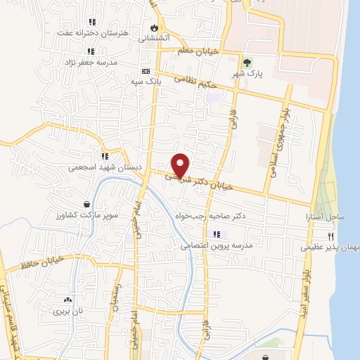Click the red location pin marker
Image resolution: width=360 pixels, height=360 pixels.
(181, 165)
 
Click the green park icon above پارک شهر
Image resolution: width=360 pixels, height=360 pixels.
(246, 62)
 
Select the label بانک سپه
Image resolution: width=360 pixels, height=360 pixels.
(146, 82)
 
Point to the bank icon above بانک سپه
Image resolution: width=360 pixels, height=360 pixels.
(146, 71)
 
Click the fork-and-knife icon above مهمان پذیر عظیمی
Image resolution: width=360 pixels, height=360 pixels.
(329, 237)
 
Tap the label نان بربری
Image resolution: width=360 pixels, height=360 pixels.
(68, 309)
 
